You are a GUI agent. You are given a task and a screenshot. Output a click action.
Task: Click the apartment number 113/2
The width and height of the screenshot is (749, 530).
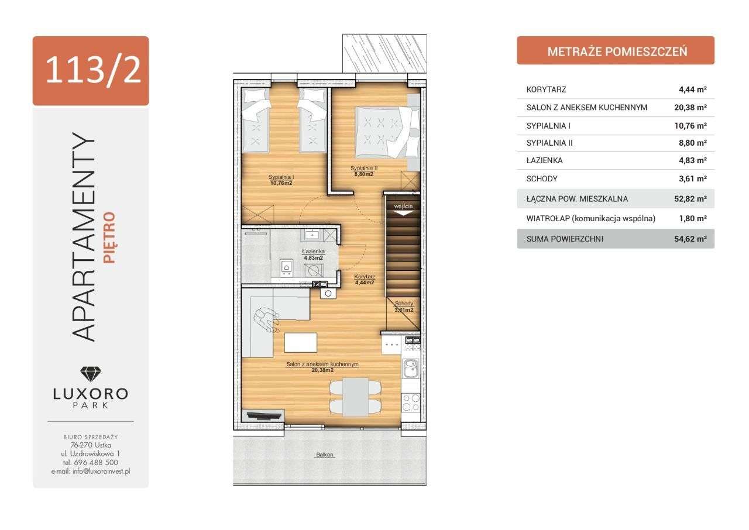coord(93,71)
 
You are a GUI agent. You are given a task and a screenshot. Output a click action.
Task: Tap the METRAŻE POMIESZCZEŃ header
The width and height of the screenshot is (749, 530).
coord(617,52)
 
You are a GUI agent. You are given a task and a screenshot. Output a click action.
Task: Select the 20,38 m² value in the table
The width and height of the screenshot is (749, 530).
coord(690,108)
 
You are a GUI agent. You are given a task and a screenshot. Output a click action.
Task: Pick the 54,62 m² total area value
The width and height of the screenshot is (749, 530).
coord(690,239)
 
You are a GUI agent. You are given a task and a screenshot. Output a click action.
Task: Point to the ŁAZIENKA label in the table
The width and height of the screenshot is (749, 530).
coord(544,160)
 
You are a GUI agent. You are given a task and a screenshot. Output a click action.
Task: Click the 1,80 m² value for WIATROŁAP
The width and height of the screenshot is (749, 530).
coord(693,219)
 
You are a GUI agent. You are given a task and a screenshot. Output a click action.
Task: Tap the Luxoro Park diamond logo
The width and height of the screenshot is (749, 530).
coord(91,374)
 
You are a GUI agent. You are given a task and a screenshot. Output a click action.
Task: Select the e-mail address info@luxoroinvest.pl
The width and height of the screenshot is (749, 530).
coord(101,472)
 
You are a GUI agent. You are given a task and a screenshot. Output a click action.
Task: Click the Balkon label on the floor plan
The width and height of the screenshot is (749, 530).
coord(325,455)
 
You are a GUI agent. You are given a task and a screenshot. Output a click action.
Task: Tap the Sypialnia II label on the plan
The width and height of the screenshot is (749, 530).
coord(364,168)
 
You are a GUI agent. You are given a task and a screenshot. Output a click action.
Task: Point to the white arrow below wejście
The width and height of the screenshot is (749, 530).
coord(403,212)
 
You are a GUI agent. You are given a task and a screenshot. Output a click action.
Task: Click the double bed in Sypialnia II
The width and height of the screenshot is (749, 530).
coord(387,132)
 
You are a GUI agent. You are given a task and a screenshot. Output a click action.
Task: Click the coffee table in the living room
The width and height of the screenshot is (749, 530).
coord(301,342)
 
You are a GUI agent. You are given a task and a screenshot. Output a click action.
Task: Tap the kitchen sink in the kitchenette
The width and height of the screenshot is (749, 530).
coord(411,368)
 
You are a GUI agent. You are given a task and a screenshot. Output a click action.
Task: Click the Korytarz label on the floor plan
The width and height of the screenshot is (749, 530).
coord(365,277)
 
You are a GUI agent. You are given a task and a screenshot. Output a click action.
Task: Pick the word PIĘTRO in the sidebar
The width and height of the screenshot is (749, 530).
coord(109,238)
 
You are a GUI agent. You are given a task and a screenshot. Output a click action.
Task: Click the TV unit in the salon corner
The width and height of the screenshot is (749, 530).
coord(263,416)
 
